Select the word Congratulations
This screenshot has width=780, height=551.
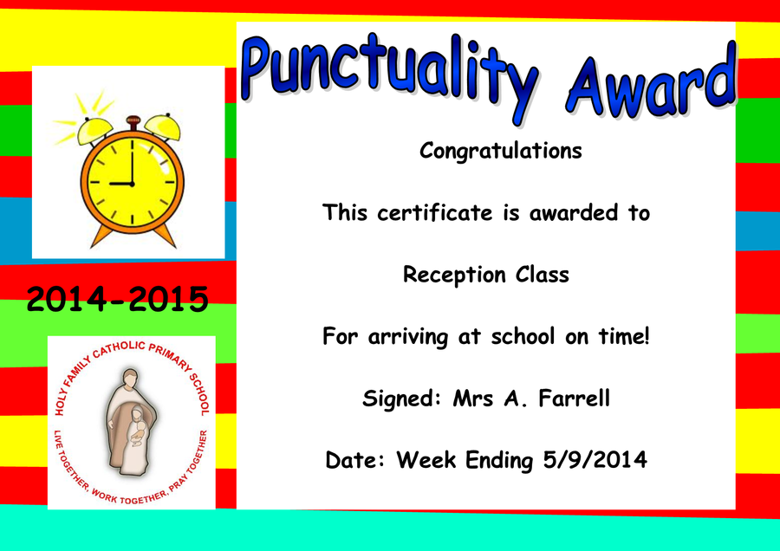pos(500,151)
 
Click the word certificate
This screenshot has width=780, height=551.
pos(435,212)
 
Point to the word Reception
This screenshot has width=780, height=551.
pos(454,275)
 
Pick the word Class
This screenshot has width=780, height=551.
pos(543,274)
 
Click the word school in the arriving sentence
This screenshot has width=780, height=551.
pos(523,336)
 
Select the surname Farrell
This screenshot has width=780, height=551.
pos(574,398)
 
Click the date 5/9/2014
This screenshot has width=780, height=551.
pos(595,459)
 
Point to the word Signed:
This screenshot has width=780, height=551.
pos(402,399)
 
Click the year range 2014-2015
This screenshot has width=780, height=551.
pos(117,299)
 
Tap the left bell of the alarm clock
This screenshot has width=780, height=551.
pos(94,130)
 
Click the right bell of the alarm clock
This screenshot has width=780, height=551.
pos(163,126)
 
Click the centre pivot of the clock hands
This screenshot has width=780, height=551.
pos(133,184)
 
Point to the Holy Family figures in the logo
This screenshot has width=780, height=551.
pos(131,422)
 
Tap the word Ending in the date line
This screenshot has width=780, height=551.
pos(499,461)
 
